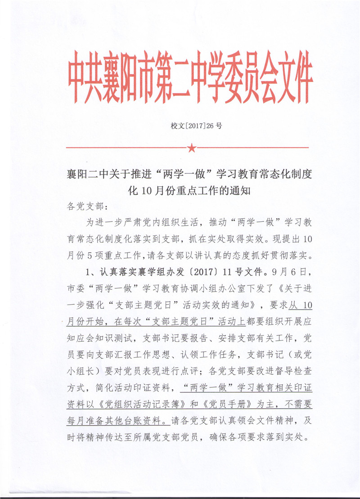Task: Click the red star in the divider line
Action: pos(192,147)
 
